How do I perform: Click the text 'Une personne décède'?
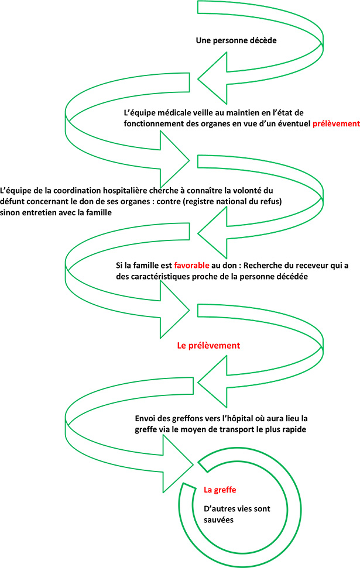coord(236,40)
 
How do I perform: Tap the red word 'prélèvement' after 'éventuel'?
coord(336,123)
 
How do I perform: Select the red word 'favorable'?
coord(191,265)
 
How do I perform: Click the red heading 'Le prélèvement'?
coord(208,346)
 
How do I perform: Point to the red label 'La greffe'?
coord(220,490)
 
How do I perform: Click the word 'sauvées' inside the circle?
coord(218,520)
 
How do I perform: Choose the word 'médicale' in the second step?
coord(166,113)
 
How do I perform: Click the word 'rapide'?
coord(294,430)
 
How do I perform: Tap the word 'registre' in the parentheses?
coord(200,202)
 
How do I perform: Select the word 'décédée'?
coord(292,276)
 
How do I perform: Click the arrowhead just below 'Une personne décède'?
coord(212,78)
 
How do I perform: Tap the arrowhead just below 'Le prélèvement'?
coord(212,382)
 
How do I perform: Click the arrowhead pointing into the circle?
coord(178,464)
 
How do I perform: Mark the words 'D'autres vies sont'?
coord(236,508)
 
